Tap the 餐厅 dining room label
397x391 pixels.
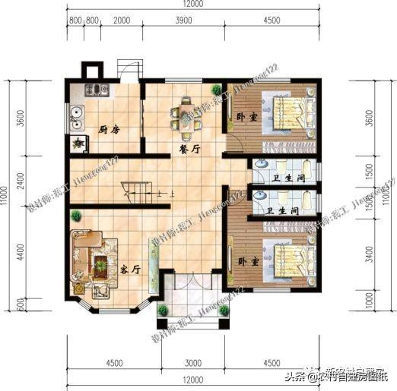point(190,150)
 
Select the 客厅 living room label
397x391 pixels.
point(130,270)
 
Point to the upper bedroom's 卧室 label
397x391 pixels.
point(246,117)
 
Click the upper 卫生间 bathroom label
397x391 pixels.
point(288,179)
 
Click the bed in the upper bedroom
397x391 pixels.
point(286,107)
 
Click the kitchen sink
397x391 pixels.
point(76,116)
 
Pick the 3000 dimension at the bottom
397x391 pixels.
point(193,361)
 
